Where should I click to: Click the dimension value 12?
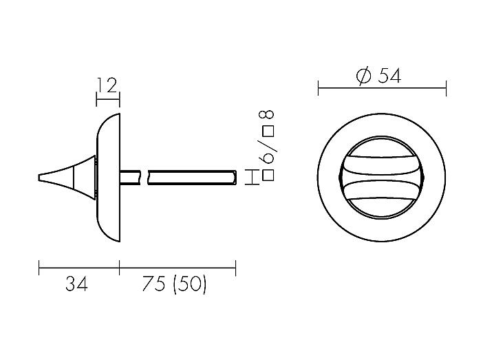[107, 85]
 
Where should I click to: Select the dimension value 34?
[76, 284]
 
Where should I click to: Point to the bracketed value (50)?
[189, 284]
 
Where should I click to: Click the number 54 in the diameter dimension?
[389, 76]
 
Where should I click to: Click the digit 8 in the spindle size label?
[267, 115]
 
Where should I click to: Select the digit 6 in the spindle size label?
[267, 158]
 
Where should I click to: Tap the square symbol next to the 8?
[268, 132]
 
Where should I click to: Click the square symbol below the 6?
[268, 175]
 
